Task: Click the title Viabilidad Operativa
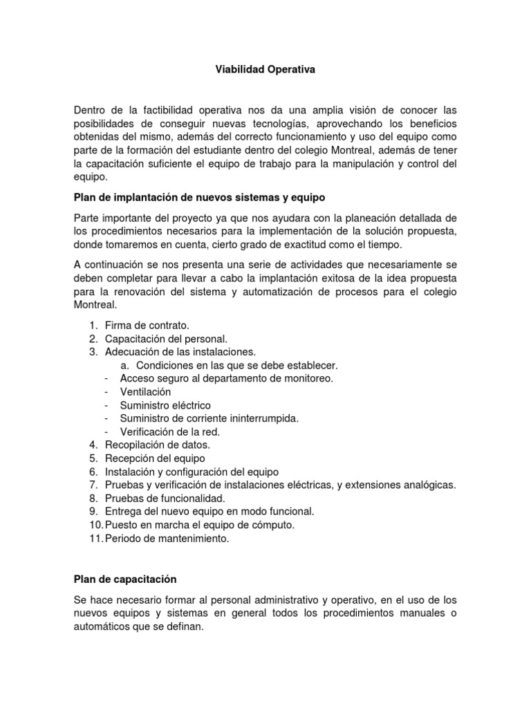click(x=266, y=71)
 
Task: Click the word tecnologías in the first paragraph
click(x=263, y=123)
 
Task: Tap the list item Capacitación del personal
click(x=166, y=339)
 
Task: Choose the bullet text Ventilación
click(x=145, y=392)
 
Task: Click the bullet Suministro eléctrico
click(x=165, y=405)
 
